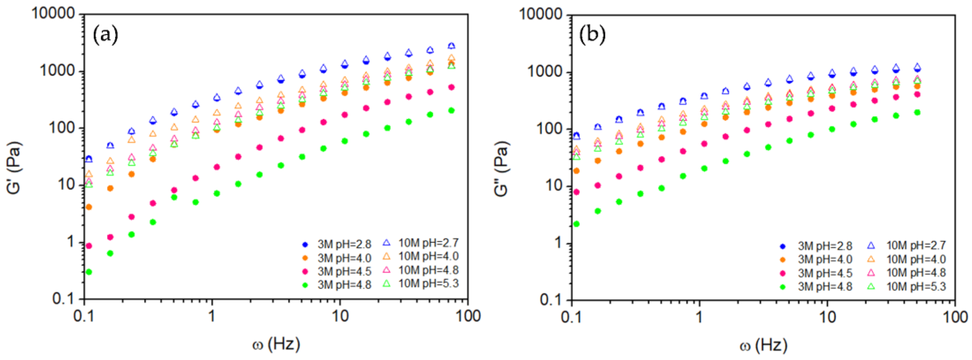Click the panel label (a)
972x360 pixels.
(105, 35)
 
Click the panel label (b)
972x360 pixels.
(592, 35)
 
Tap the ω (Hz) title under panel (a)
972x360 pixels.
(276, 344)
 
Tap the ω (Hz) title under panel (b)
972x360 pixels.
(763, 345)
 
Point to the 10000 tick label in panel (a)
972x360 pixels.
(53, 13)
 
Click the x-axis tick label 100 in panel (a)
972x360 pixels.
(468, 316)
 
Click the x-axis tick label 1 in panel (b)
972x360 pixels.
(699, 317)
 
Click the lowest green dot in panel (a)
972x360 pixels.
(89, 272)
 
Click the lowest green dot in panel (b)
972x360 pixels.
(576, 224)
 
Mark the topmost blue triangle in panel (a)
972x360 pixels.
(451, 46)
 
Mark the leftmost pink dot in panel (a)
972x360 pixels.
(89, 246)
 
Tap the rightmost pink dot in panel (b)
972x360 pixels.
(917, 94)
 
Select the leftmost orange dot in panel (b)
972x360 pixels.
(576, 171)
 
